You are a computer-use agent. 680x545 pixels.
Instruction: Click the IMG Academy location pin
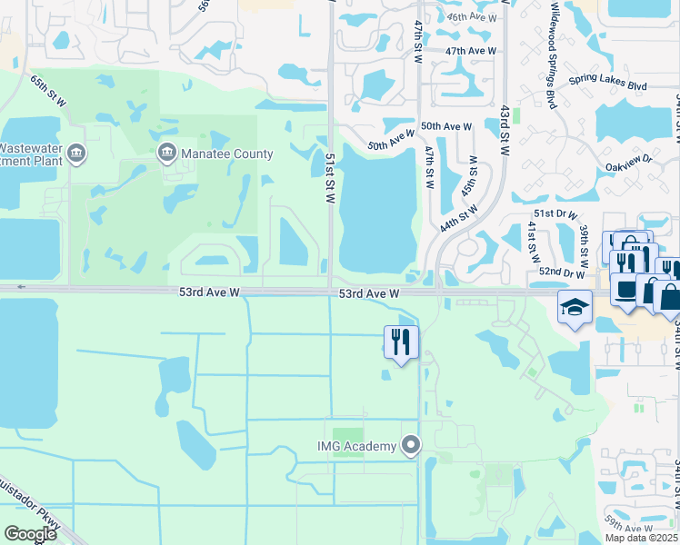click(x=412, y=445)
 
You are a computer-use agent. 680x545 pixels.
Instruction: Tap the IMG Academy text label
click(x=356, y=445)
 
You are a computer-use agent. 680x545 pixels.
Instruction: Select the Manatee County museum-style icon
click(x=166, y=153)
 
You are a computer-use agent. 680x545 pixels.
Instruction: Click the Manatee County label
click(x=226, y=154)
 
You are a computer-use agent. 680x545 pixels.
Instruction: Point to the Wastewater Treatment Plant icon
click(x=75, y=153)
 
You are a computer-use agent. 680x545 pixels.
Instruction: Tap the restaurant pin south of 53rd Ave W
click(x=401, y=342)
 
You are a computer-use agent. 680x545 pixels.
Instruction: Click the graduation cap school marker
click(x=575, y=308)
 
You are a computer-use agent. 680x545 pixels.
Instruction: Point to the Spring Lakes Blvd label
click(x=607, y=84)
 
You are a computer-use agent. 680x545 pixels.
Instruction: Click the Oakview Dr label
click(x=635, y=162)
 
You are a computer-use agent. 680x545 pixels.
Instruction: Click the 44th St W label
click(x=459, y=218)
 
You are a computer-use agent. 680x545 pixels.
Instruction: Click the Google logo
click(x=30, y=534)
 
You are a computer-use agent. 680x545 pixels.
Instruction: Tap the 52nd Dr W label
click(x=560, y=272)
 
